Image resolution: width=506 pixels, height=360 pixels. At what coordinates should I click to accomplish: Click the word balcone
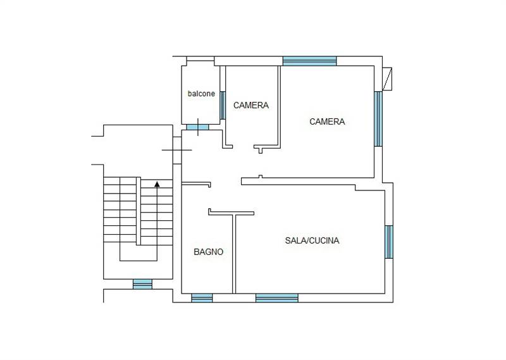[201, 94]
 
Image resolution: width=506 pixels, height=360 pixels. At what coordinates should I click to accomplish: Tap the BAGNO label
[209, 252]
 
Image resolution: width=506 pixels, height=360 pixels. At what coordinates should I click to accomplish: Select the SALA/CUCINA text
[312, 240]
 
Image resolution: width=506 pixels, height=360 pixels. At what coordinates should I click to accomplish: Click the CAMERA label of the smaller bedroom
[251, 105]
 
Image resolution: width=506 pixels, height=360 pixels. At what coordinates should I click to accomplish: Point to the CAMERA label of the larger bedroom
[327, 121]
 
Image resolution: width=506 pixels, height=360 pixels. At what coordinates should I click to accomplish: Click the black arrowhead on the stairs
[157, 184]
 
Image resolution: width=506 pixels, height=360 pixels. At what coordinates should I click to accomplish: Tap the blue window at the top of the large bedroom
[310, 61]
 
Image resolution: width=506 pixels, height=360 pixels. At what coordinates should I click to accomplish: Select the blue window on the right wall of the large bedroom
[378, 119]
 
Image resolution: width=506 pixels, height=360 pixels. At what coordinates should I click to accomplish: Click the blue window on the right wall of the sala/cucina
[389, 242]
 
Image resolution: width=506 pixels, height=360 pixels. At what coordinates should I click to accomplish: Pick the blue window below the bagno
[202, 298]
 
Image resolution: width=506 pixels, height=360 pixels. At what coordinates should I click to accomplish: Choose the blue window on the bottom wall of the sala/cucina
[277, 298]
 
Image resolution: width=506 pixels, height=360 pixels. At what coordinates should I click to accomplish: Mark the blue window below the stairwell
[142, 284]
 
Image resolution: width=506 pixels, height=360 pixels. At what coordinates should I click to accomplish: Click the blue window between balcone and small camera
[223, 105]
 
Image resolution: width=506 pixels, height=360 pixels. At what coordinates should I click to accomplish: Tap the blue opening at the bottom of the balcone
[197, 127]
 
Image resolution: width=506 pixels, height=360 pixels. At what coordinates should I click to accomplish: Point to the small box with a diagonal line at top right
[387, 79]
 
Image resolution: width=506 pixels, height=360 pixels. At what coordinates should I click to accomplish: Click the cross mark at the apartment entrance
[177, 150]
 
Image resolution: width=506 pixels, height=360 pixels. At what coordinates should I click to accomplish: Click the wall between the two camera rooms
[279, 106]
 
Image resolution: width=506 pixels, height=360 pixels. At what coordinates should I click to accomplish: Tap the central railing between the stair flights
[139, 211]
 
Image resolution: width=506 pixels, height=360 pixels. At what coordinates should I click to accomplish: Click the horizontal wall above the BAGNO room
[196, 184]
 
